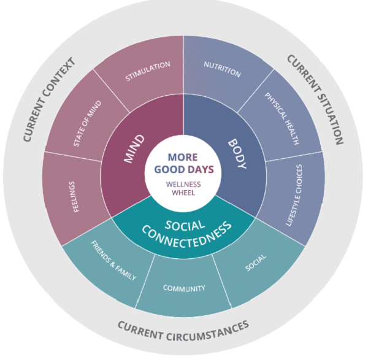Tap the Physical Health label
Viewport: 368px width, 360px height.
coord(282,118)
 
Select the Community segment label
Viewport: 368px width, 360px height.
coord(183,288)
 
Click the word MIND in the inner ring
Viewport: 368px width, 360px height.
coord(134,148)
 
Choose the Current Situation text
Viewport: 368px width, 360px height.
coord(315,99)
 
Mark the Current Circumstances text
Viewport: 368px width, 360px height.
coord(183,332)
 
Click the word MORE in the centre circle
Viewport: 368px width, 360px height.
coord(183,156)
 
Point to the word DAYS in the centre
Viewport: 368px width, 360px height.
coord(201,169)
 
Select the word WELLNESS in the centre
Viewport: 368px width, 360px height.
coord(183,182)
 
